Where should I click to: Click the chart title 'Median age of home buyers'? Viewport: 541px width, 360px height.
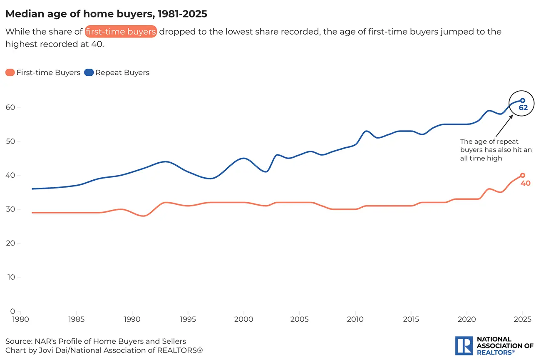106,14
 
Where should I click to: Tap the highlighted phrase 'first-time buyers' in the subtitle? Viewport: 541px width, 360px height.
121,32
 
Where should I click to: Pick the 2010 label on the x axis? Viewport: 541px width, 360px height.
355,320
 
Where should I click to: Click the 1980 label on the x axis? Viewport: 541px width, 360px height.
20,320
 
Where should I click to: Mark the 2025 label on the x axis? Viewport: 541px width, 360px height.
522,320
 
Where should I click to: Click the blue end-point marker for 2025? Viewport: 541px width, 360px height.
523,100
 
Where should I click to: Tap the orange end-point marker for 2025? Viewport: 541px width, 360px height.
523,175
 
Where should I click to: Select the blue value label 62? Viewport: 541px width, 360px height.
523,108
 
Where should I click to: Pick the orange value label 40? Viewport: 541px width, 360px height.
526,183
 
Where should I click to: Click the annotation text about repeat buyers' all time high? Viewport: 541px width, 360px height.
496,150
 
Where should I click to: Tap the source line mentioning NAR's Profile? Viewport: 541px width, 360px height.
96,342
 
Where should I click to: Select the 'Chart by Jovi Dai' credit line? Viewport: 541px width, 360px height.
104,350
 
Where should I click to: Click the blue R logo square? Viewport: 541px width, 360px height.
464,346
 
